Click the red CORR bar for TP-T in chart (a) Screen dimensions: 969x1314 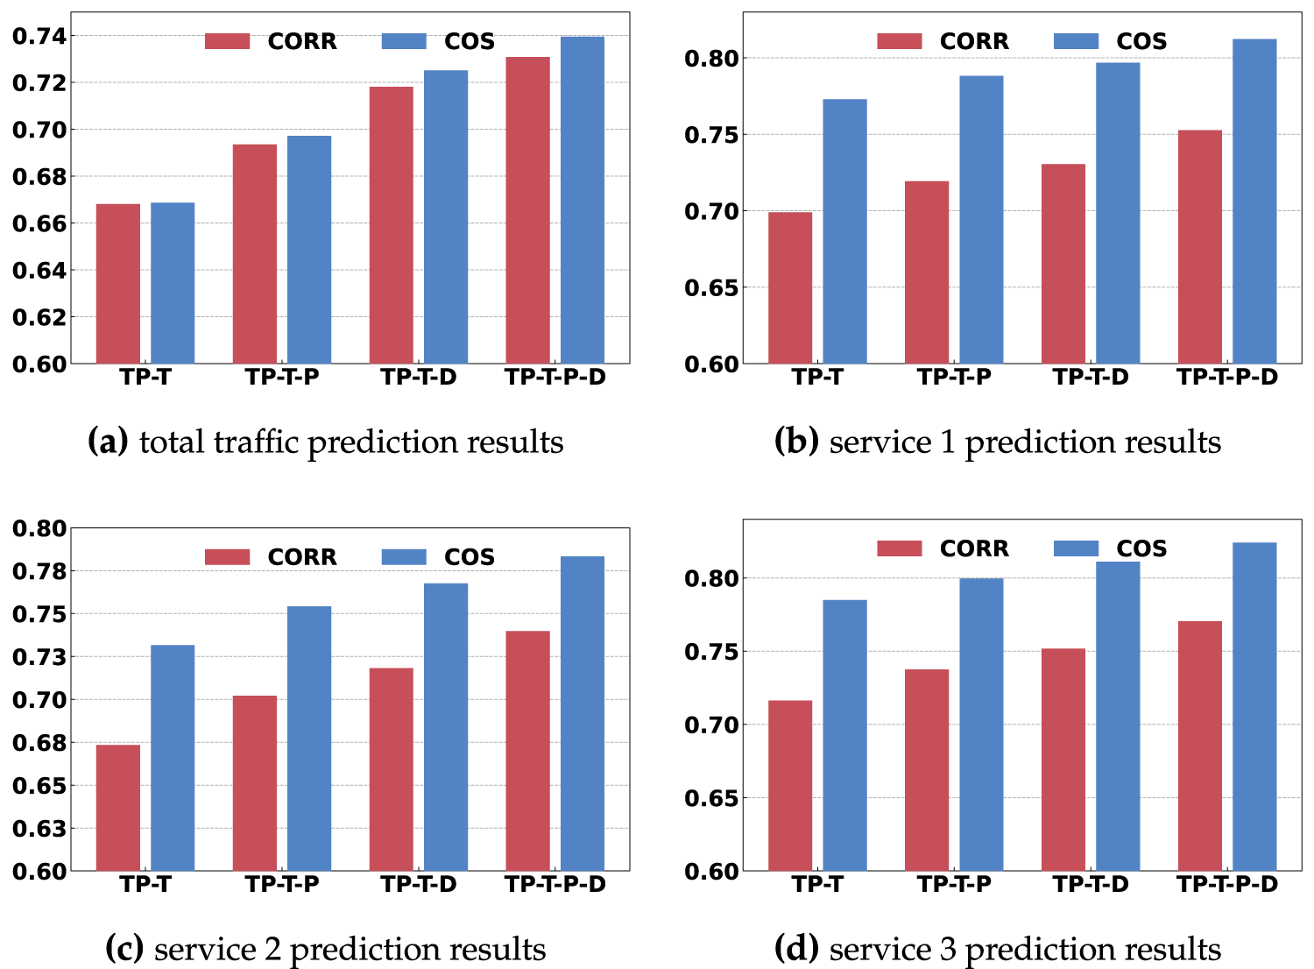pyautogui.click(x=118, y=284)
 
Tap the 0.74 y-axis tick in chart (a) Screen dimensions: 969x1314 pyautogui.click(x=39, y=36)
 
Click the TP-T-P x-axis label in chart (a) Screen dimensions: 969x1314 pyautogui.click(x=282, y=378)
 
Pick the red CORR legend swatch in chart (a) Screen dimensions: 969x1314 pyautogui.click(x=227, y=41)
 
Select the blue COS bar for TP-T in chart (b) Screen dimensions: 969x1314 pyautogui.click(x=844, y=231)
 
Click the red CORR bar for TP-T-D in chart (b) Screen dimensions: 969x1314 pyautogui.click(x=1063, y=264)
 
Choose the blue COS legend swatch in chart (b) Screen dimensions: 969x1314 pyautogui.click(x=1076, y=41)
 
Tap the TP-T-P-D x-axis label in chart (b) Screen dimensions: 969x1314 pyautogui.click(x=1227, y=378)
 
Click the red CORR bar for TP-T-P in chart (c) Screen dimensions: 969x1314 pyautogui.click(x=255, y=783)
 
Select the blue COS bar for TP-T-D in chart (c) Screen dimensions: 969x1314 pyautogui.click(x=446, y=727)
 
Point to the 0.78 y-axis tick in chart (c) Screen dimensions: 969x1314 pyautogui.click(x=39, y=571)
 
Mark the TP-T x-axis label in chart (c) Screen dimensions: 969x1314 pyautogui.click(x=145, y=885)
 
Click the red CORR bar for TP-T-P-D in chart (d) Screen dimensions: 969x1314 pyautogui.click(x=1200, y=746)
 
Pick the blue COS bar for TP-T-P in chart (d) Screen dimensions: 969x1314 pyautogui.click(x=981, y=725)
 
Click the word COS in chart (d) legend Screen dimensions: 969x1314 pyautogui.click(x=1141, y=548)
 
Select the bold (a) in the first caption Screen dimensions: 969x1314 pyautogui.click(x=108, y=442)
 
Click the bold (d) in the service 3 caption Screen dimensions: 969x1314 pyautogui.click(x=796, y=949)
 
